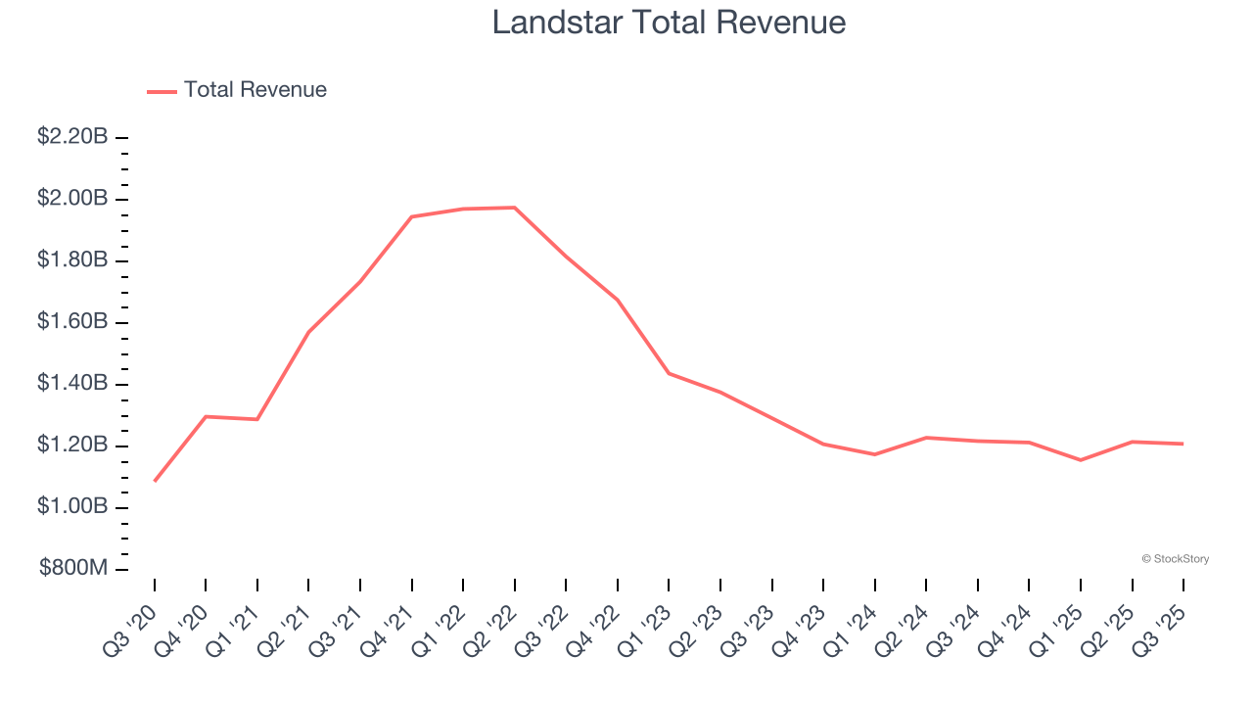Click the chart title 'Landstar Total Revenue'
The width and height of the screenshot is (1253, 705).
pyautogui.click(x=669, y=23)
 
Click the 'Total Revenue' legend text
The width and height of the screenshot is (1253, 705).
pyautogui.click(x=255, y=90)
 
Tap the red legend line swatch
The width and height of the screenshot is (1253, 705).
pyautogui.click(x=162, y=91)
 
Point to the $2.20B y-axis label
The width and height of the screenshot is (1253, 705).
pyautogui.click(x=72, y=137)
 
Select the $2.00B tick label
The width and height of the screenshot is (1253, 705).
pyautogui.click(x=72, y=199)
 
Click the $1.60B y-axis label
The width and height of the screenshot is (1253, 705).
pyautogui.click(x=72, y=322)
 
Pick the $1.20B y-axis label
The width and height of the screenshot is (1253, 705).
pyautogui.click(x=72, y=446)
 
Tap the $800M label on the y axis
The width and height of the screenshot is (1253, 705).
pyautogui.click(x=73, y=569)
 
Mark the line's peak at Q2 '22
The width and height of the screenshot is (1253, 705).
pyautogui.click(x=515, y=208)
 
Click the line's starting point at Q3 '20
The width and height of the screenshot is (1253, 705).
pyautogui.click(x=155, y=481)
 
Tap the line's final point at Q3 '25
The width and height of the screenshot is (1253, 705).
pyautogui.click(x=1183, y=444)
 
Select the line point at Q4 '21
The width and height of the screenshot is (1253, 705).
pyautogui.click(x=412, y=216)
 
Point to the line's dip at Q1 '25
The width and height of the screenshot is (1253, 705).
pyautogui.click(x=1081, y=460)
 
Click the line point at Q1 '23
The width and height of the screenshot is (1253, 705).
pyautogui.click(x=669, y=373)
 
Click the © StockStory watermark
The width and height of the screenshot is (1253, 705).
pyautogui.click(x=1175, y=559)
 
